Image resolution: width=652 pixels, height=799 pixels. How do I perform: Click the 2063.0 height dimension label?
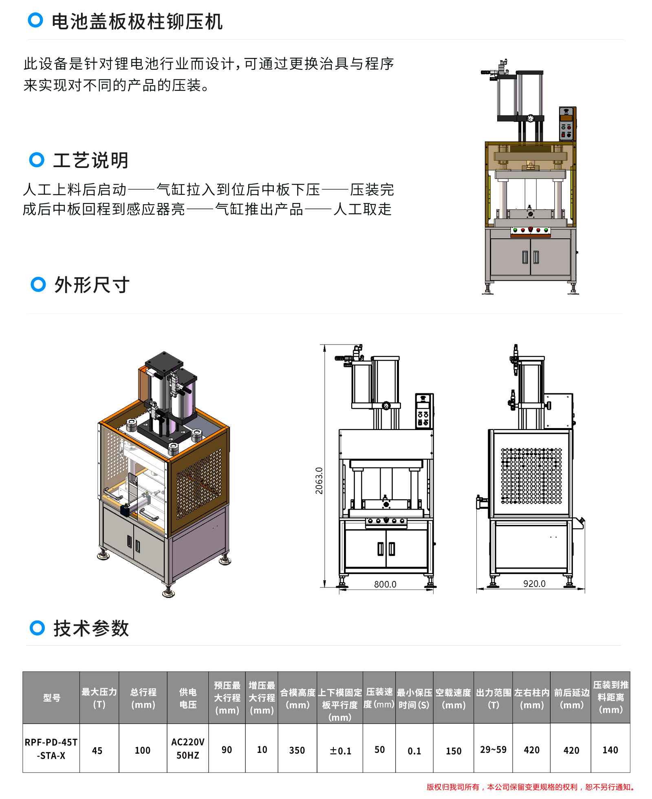click(319, 481)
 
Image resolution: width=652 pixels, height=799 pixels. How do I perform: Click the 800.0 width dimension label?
click(385, 584)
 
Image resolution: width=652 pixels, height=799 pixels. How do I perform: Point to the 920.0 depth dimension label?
click(534, 583)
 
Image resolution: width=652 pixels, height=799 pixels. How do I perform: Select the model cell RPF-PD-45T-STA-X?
click(51, 749)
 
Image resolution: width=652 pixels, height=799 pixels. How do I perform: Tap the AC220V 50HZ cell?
click(188, 748)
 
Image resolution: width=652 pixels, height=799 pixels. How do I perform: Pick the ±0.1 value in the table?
click(340, 751)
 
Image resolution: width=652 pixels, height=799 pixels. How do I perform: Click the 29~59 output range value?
click(493, 750)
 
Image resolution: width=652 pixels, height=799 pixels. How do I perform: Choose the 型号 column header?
click(52, 698)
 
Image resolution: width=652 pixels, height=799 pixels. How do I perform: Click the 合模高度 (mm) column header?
click(297, 698)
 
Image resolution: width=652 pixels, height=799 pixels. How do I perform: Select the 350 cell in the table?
click(297, 750)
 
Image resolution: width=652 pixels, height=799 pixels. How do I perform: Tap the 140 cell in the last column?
click(610, 750)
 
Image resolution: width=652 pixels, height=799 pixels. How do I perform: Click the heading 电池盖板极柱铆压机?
click(137, 22)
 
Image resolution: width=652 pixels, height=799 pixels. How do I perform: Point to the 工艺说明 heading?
click(91, 160)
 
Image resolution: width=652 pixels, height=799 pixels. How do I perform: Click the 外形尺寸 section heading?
click(92, 285)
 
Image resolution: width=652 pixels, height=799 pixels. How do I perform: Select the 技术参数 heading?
click(91, 628)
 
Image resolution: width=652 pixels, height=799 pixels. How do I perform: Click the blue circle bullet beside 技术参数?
click(37, 628)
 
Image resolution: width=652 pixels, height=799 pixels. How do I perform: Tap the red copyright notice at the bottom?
click(531, 787)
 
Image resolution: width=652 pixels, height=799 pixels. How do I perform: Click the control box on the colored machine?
click(567, 124)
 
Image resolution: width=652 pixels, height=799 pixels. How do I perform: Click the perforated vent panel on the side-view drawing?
click(531, 476)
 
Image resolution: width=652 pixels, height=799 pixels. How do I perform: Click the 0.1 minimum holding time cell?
click(414, 751)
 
